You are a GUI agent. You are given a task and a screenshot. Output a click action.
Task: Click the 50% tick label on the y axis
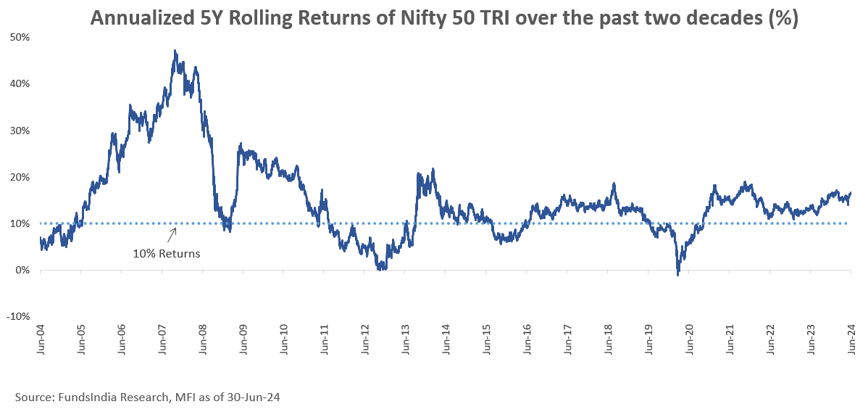coord(19,37)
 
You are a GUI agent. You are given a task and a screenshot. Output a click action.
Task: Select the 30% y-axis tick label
coord(19,131)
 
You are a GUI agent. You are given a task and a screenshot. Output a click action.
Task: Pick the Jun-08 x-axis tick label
coord(202,338)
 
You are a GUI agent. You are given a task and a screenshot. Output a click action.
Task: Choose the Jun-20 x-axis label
coord(689,338)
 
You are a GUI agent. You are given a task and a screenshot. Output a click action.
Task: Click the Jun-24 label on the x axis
coord(851,338)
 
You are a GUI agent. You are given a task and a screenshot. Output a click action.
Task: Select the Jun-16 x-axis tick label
coord(527,338)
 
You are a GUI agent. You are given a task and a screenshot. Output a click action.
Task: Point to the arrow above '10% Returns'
coord(172,234)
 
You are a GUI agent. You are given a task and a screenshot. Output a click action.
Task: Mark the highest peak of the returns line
coord(175,51)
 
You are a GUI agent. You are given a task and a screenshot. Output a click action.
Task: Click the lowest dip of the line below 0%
coord(677,275)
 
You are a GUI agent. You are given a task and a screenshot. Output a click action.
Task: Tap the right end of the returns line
coord(850,192)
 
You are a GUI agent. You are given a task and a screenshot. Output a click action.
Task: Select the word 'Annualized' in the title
coord(140,20)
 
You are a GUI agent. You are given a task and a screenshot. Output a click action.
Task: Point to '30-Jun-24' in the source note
coord(254,397)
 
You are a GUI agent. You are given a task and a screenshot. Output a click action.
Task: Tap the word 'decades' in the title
coord(709,20)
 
